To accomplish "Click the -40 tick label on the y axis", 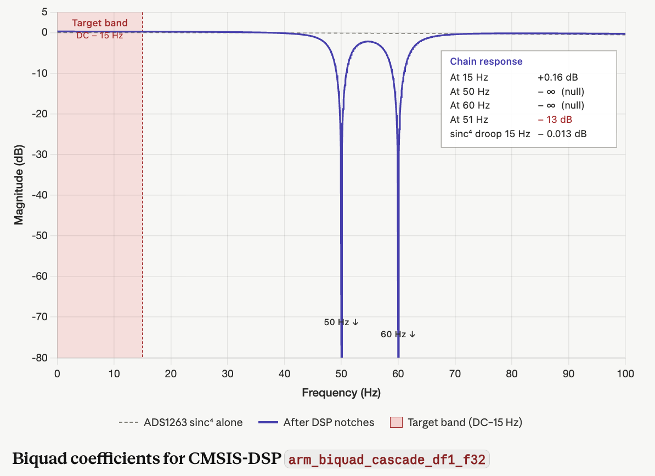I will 39,195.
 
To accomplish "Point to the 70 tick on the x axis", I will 455,374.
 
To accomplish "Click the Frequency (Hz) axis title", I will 341,393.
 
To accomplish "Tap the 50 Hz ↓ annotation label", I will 341,322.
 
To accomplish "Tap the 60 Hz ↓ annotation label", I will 398,334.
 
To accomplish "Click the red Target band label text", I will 100,24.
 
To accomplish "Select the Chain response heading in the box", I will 486,62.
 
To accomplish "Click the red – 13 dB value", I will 556,120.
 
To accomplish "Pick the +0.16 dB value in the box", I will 558,77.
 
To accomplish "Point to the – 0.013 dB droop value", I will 562,134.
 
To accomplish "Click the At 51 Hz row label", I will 469,120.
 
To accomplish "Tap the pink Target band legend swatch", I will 396,422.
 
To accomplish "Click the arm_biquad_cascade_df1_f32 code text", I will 387,459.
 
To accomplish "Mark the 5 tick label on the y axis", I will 44,12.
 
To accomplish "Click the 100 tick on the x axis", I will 625,374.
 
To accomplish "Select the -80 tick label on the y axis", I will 39,358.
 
